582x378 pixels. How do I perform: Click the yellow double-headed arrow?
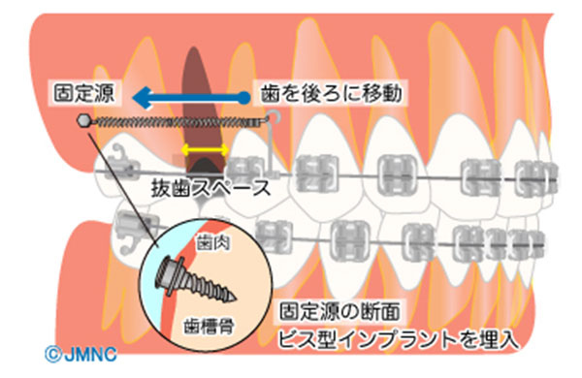click(x=206, y=149)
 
